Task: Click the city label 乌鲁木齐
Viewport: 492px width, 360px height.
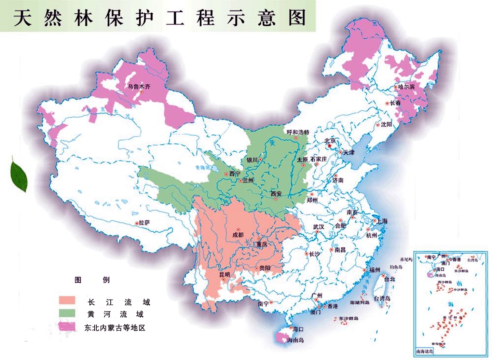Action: [139, 86]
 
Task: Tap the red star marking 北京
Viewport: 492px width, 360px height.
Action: [329, 146]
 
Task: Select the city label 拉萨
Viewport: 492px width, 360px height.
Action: [144, 223]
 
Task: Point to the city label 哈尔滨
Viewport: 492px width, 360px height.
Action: [406, 87]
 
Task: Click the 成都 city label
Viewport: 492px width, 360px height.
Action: [238, 235]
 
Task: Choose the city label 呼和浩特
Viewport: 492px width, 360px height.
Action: [298, 132]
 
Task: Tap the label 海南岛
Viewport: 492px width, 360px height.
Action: [296, 340]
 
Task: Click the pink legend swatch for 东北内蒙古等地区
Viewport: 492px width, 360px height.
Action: [67, 326]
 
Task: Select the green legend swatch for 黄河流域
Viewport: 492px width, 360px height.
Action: [67, 313]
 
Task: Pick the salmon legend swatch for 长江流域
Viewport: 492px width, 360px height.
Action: [67, 300]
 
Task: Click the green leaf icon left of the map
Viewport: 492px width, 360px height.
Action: [19, 175]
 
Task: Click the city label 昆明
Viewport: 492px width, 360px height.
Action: [224, 275]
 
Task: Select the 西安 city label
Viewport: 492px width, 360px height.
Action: [276, 194]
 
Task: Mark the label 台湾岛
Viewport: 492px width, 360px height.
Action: [382, 299]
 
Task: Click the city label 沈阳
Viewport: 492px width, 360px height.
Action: [386, 125]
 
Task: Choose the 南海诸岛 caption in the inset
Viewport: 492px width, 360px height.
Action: [425, 351]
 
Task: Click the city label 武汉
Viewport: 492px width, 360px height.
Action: [318, 227]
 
